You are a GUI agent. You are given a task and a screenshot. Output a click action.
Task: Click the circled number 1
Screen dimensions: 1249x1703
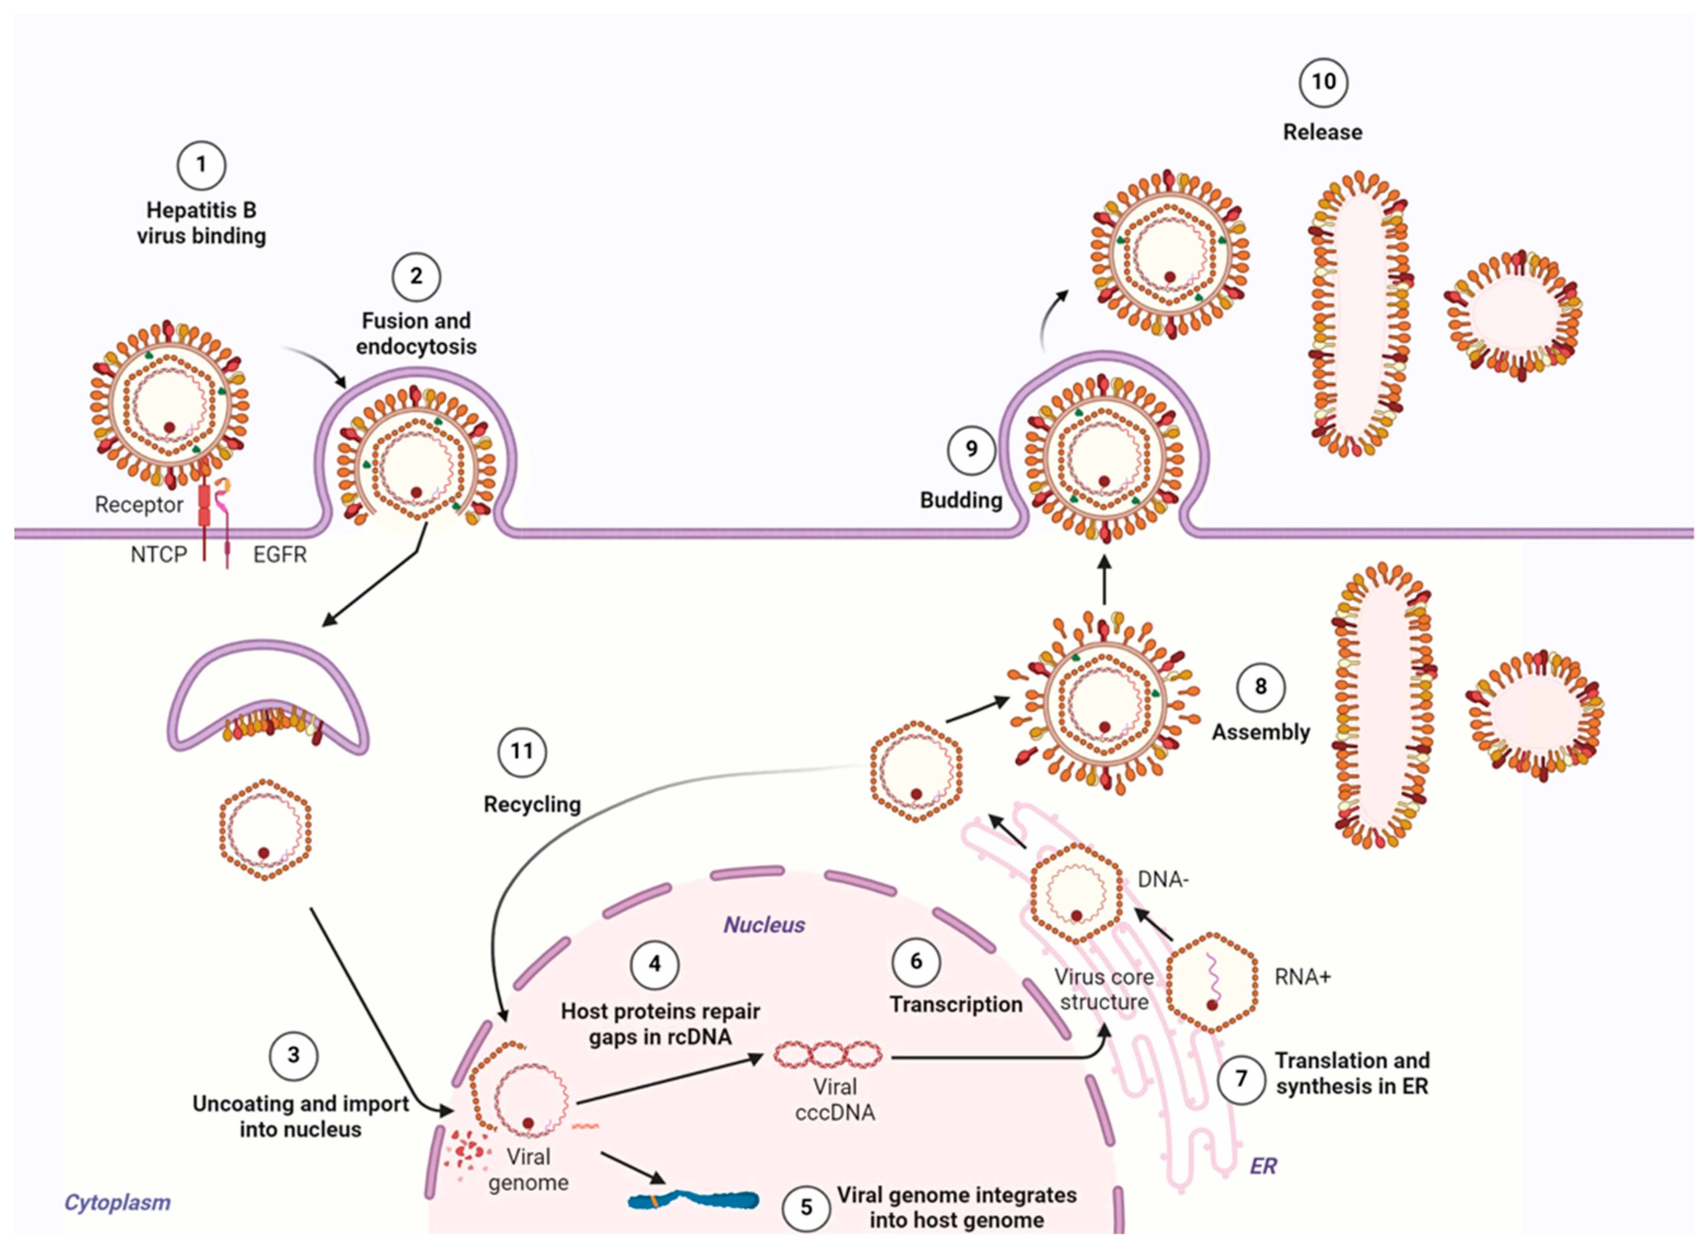pyautogui.click(x=201, y=165)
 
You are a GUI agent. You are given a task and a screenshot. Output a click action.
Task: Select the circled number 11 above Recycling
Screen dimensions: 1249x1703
pyautogui.click(x=522, y=751)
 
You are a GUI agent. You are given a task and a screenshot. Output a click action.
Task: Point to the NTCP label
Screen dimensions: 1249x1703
pyautogui.click(x=158, y=555)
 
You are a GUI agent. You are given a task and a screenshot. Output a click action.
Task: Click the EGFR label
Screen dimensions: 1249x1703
pyautogui.click(x=280, y=555)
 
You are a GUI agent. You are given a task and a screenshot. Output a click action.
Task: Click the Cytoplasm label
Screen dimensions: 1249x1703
pyautogui.click(x=117, y=1202)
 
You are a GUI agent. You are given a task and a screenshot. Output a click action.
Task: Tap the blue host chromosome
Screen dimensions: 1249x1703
pyautogui.click(x=693, y=1200)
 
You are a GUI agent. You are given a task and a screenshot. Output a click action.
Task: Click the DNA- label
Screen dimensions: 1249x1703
pyautogui.click(x=1162, y=879)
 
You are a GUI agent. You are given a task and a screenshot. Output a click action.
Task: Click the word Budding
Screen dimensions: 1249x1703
pyautogui.click(x=961, y=500)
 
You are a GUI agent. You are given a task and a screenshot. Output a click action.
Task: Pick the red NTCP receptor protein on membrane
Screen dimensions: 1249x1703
pyautogui.click(x=204, y=507)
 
